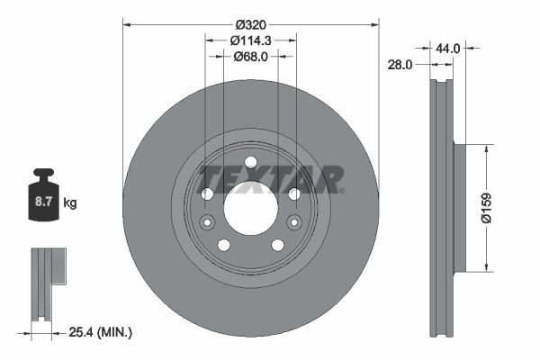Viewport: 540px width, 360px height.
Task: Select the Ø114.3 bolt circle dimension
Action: click(x=250, y=40)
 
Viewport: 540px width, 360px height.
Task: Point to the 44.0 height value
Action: click(x=450, y=49)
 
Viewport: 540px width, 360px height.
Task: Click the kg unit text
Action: click(x=70, y=203)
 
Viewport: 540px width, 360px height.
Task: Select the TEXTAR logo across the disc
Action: click(x=270, y=179)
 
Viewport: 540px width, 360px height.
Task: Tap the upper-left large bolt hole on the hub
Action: click(x=207, y=193)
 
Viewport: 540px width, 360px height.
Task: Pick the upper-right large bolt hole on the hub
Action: click(x=293, y=193)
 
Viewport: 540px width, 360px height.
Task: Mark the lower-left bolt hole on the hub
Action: click(x=224, y=245)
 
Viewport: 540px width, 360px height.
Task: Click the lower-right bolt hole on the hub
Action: click(x=277, y=245)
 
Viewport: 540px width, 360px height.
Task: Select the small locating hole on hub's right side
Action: click(x=292, y=223)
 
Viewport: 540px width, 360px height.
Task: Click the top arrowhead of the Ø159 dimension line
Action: click(x=488, y=148)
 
